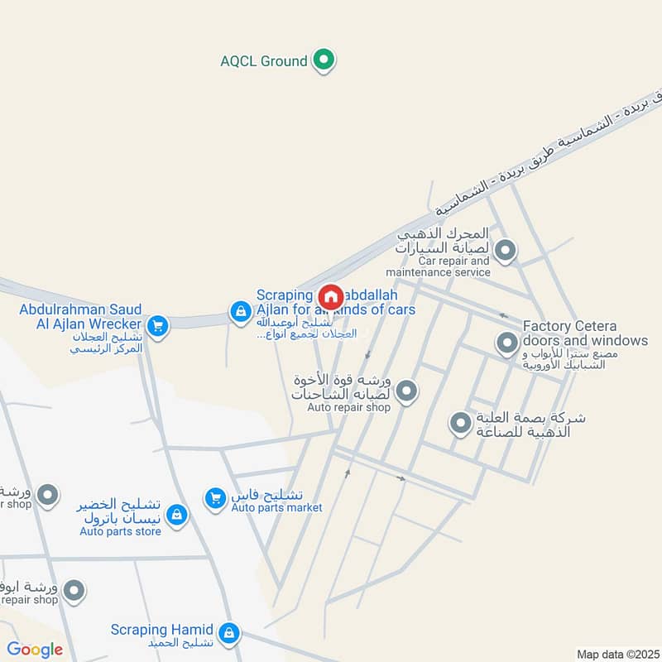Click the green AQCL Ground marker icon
(x=325, y=60)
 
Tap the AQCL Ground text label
(x=264, y=61)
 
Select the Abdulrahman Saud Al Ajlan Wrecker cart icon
(x=157, y=325)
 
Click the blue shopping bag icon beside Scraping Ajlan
(x=239, y=311)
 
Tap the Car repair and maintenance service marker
(x=505, y=249)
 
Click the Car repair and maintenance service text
(x=438, y=266)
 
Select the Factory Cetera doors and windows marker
(x=506, y=342)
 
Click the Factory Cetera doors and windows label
(x=585, y=333)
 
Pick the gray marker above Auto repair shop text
(x=405, y=391)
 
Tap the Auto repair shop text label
(x=348, y=407)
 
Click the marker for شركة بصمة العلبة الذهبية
(x=460, y=425)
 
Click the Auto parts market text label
(x=276, y=507)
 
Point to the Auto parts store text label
(x=121, y=531)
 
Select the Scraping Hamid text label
(x=162, y=630)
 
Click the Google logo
(x=35, y=650)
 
